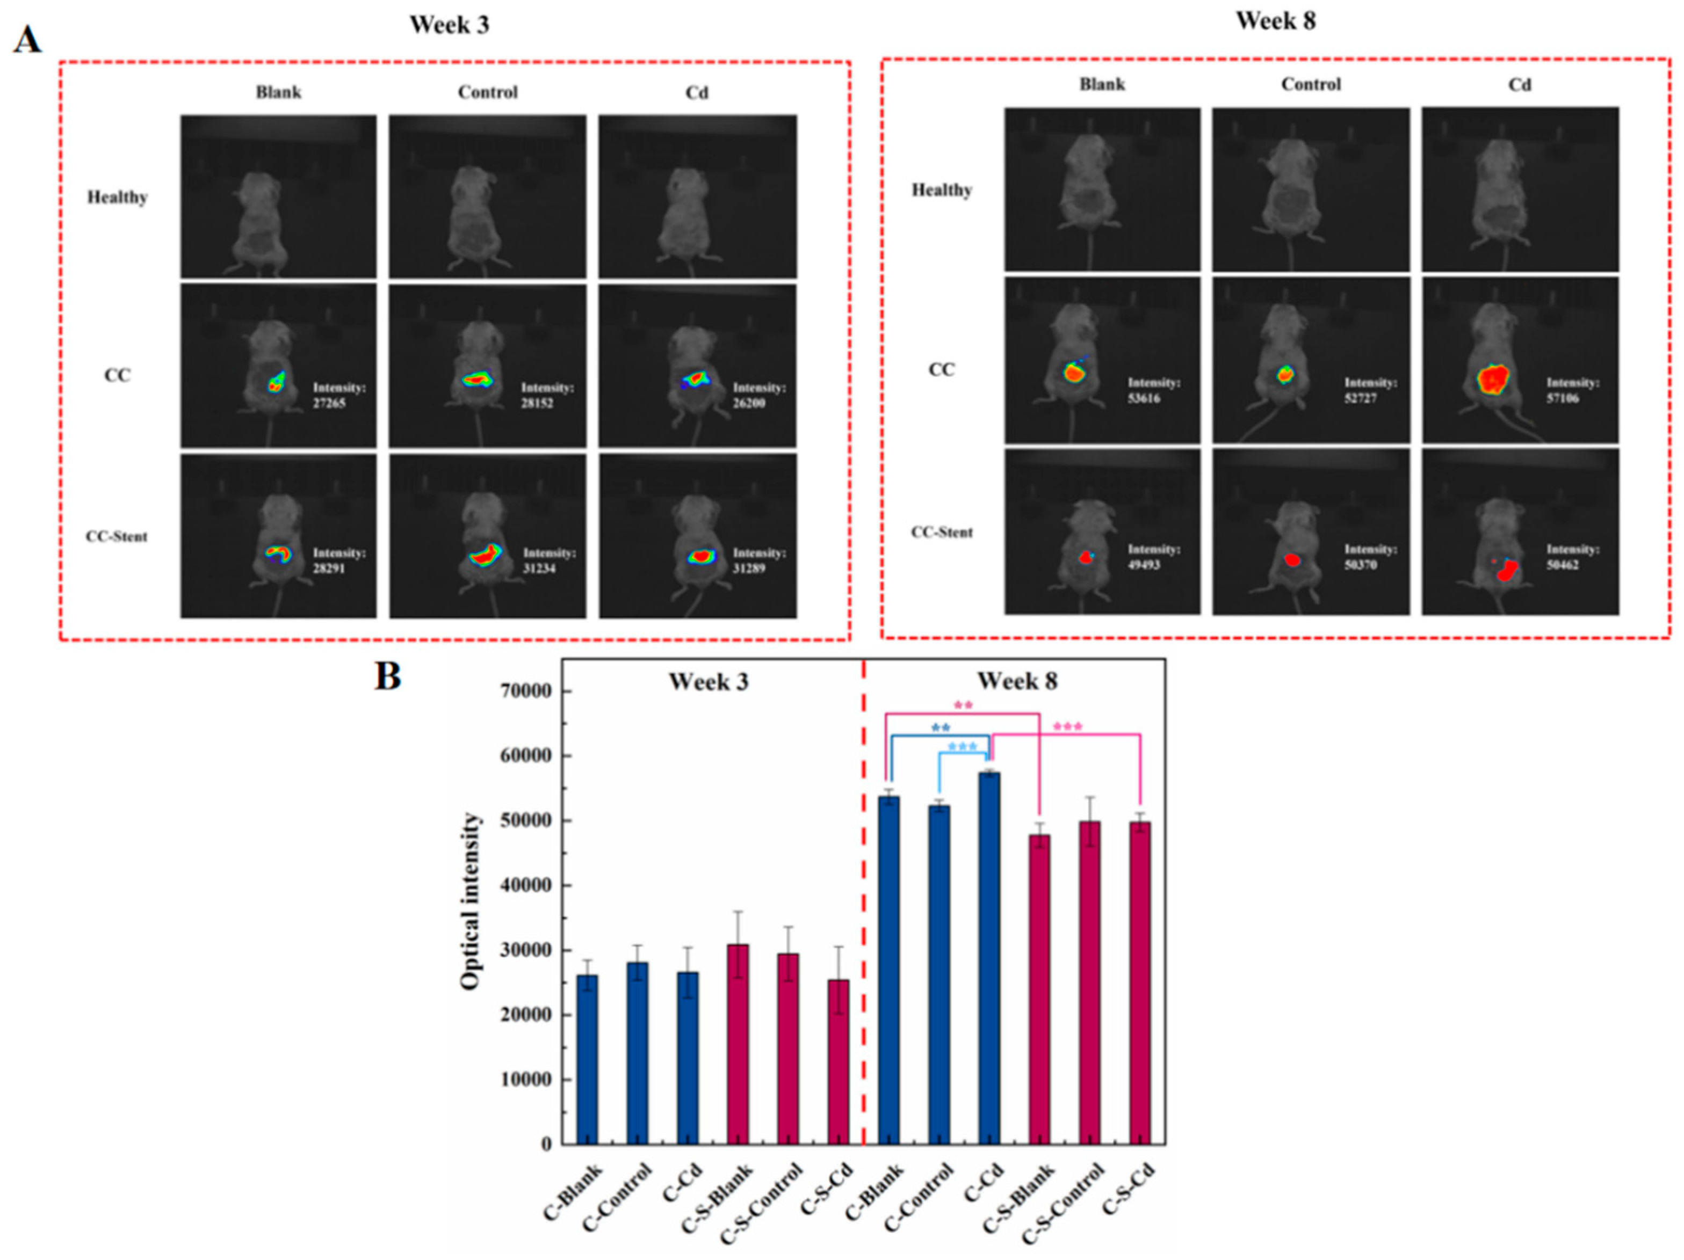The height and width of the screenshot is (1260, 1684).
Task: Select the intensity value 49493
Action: click(1144, 565)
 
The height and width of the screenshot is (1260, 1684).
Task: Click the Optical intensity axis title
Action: click(471, 901)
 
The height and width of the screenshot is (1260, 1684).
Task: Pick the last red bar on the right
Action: click(1140, 981)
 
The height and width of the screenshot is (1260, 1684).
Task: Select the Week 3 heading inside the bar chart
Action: click(709, 682)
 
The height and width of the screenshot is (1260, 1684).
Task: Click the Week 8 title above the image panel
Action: click(1275, 21)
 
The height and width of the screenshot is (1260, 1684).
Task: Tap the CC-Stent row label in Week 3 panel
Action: click(117, 536)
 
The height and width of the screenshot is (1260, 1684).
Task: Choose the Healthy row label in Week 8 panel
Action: click(942, 190)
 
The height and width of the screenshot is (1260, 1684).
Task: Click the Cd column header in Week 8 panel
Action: click(1520, 84)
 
